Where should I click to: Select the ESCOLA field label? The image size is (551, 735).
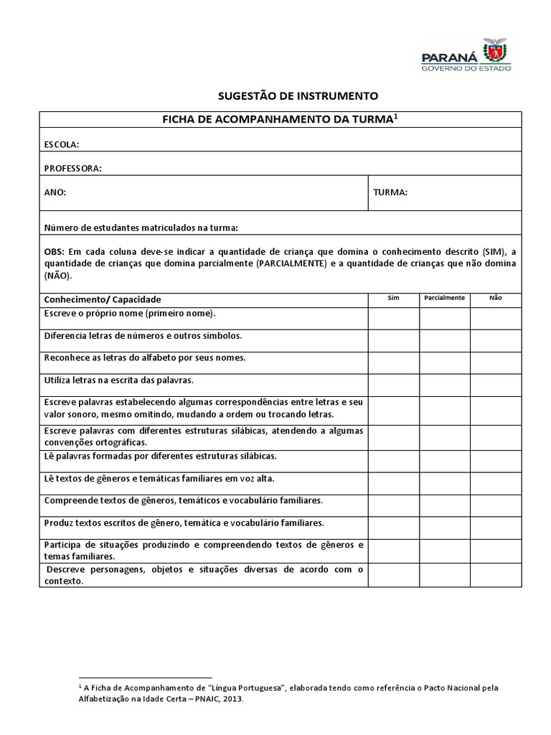(62, 144)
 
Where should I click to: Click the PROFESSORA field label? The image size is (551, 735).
(72, 168)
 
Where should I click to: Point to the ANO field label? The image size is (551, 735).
(55, 192)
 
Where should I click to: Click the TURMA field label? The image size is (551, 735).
(390, 192)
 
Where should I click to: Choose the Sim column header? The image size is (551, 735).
(393, 298)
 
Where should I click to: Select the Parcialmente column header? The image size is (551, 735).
(444, 298)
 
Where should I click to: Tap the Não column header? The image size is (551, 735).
(496, 298)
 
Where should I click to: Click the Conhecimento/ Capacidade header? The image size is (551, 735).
(103, 299)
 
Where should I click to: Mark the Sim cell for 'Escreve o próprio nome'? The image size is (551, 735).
(393, 318)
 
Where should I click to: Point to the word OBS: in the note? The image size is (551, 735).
(55, 252)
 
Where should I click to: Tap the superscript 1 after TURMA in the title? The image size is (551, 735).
(395, 116)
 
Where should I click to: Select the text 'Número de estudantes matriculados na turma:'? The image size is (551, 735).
(141, 228)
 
